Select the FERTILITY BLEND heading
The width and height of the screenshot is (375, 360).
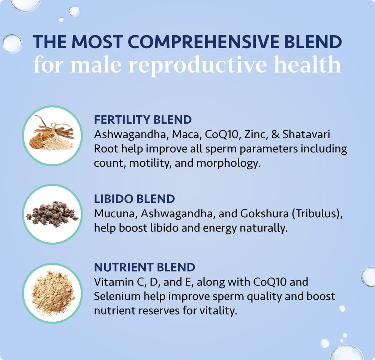pos(143,120)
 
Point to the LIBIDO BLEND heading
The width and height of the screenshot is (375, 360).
pos(134,199)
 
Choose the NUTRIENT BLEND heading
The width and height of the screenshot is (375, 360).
pos(144,267)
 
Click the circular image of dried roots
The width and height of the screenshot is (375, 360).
pos(52,135)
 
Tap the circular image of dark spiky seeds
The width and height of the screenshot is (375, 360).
pos(52,214)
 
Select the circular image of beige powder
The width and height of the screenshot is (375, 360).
pos(52,293)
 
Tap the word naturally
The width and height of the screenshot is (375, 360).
pos(261,228)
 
